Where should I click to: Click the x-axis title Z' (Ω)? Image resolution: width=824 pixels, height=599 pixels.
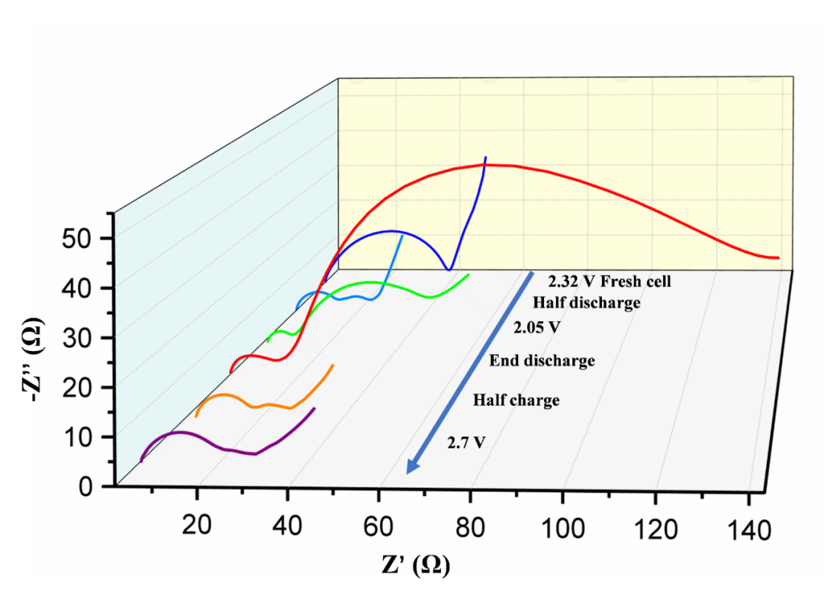(x=415, y=565)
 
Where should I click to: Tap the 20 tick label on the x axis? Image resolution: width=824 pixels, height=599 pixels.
(x=198, y=527)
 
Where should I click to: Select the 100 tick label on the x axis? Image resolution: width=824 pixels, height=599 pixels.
(x=563, y=528)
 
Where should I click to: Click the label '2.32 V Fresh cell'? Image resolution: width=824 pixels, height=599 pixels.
(x=610, y=281)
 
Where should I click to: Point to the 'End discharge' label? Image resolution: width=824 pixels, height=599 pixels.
(x=542, y=360)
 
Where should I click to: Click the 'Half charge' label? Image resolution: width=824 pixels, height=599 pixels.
(x=517, y=400)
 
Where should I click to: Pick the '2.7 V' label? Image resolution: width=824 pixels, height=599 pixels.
(x=466, y=442)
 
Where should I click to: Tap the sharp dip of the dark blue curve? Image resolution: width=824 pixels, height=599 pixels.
(x=449, y=269)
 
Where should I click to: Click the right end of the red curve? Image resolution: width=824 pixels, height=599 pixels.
(x=778, y=258)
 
